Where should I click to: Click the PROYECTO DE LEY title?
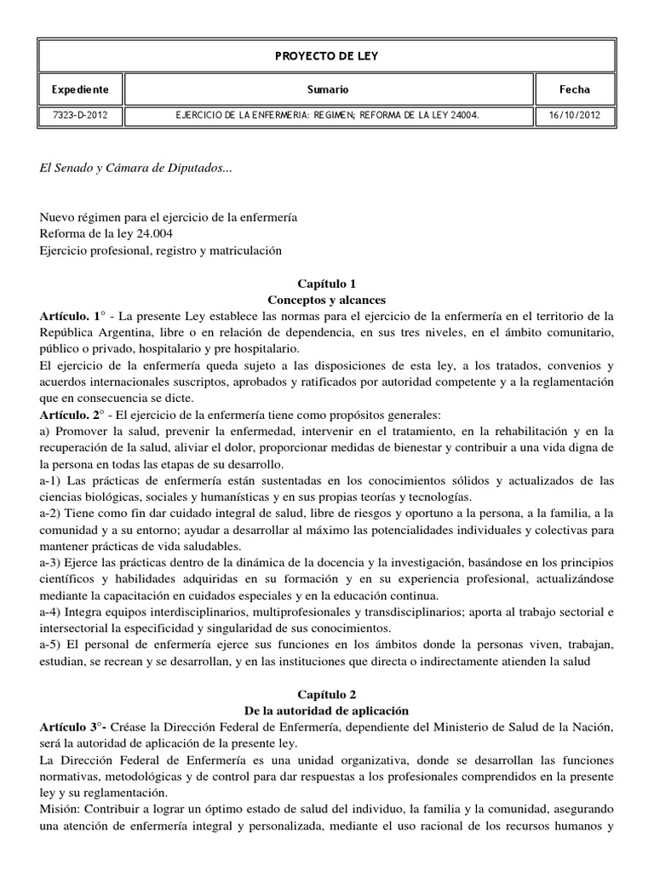(326, 55)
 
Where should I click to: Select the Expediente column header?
(80, 89)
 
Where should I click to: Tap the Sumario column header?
(328, 89)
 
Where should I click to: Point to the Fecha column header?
(575, 89)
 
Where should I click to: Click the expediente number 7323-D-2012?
(80, 113)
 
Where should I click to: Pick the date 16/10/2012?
(575, 113)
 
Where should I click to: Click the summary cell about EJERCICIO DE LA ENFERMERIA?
(328, 113)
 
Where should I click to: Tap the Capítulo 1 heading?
(326, 284)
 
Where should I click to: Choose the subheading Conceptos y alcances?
(326, 300)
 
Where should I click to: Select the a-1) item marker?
(53, 481)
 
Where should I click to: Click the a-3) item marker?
(53, 563)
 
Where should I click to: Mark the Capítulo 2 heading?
(326, 694)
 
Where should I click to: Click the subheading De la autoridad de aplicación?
(326, 710)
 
